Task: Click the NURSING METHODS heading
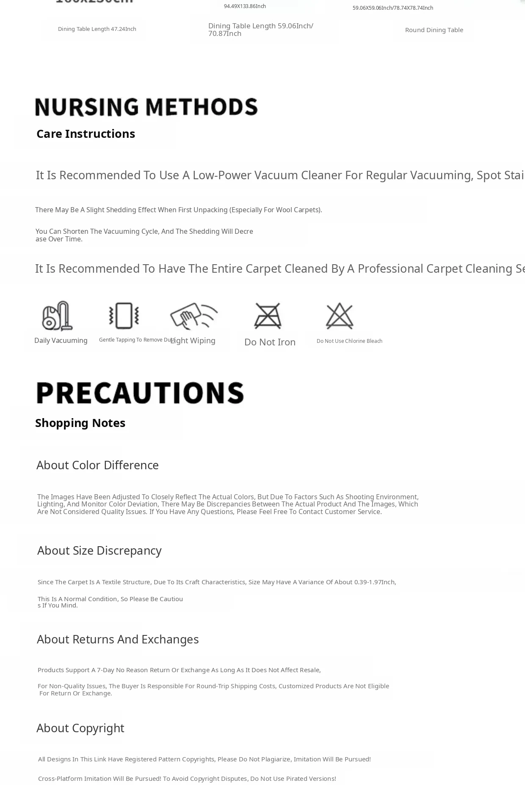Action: [x=146, y=107]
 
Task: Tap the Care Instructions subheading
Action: [x=86, y=134]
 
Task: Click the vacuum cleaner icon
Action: [x=57, y=315]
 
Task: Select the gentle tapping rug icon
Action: [x=124, y=315]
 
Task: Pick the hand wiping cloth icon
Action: [x=193, y=315]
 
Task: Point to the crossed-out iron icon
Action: [x=268, y=315]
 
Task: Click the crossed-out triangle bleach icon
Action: [x=340, y=315]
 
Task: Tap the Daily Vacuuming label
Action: [x=61, y=341]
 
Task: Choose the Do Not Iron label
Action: [x=270, y=342]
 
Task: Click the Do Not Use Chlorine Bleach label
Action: [x=349, y=341]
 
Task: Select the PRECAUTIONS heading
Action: [x=140, y=393]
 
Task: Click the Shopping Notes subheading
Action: [x=80, y=423]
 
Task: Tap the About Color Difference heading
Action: [x=97, y=465]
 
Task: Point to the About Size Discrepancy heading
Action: [x=99, y=550]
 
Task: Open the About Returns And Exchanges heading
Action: [x=118, y=639]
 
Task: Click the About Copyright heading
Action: [x=80, y=728]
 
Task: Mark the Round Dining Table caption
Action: [x=434, y=30]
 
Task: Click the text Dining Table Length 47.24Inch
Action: [x=97, y=29]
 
